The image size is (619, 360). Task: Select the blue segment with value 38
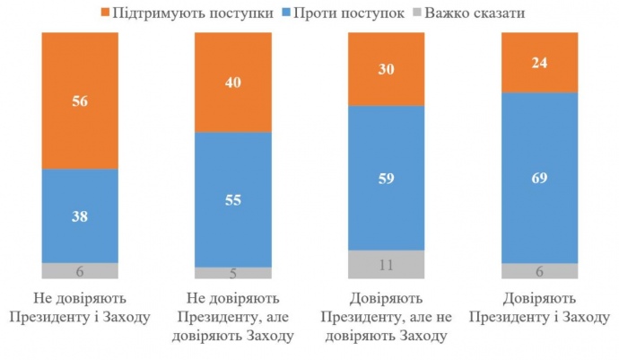click(80, 215)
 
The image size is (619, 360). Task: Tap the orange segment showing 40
click(233, 82)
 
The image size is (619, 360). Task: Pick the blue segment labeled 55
click(233, 199)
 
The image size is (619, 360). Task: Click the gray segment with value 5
click(233, 273)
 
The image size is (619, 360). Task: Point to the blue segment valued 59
click(387, 177)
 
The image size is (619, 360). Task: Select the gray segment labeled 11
click(387, 264)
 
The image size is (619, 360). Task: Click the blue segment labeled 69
click(539, 178)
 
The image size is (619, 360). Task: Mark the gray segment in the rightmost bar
click(539, 271)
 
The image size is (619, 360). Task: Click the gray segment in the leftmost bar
click(80, 271)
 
